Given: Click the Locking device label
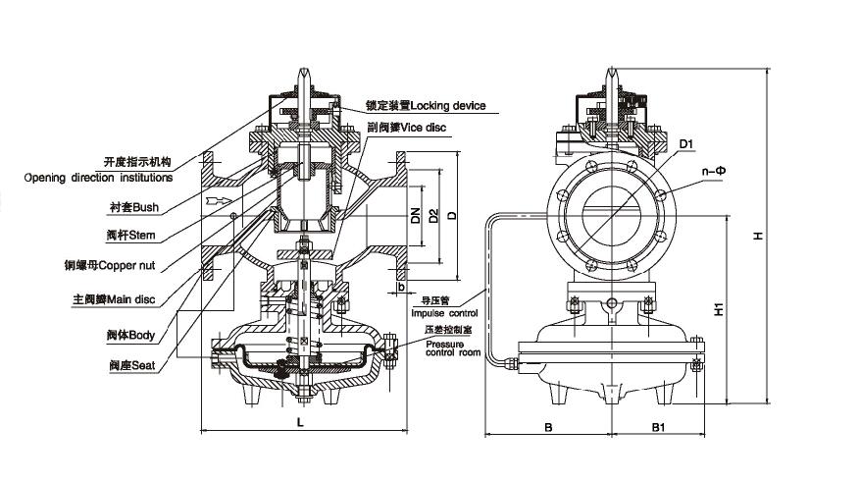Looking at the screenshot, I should (x=425, y=105).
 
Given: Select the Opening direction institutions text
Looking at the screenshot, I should (x=98, y=178).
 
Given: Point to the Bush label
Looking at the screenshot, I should (x=134, y=208).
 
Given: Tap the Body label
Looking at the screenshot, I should (x=130, y=335).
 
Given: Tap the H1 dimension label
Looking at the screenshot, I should (x=719, y=307).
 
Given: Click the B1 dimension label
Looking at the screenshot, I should (x=659, y=427).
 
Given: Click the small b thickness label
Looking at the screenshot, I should (x=401, y=287).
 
